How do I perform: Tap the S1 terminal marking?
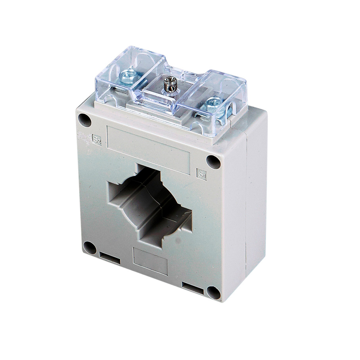pos(201,174)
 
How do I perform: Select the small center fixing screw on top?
pos(169,83)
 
